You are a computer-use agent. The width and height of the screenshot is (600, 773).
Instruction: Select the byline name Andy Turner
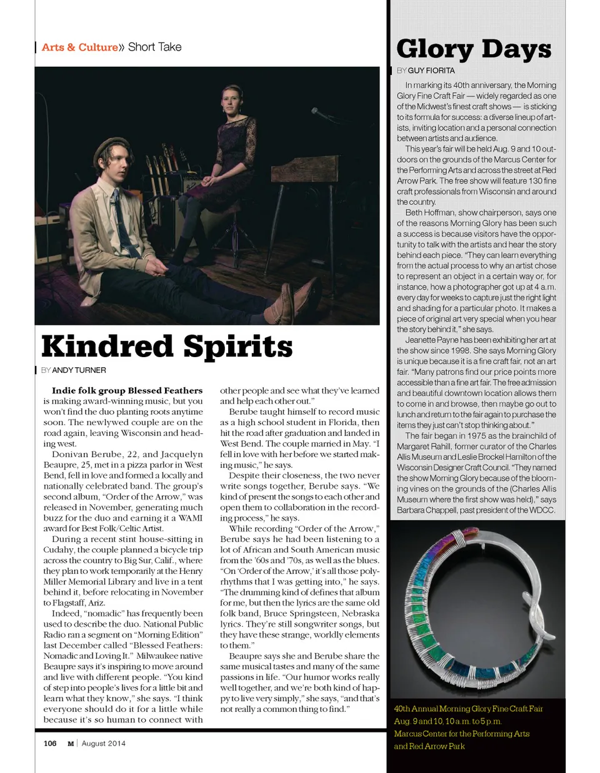pos(79,370)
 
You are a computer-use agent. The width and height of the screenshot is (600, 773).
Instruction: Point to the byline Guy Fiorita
pos(431,71)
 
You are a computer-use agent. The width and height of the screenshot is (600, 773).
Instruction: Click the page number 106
pos(50,743)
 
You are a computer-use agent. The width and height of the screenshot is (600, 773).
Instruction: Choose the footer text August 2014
pos(103,743)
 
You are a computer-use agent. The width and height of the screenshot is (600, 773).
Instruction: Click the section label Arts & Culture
pos(79,47)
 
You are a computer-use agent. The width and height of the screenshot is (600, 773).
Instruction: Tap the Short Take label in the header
pos(154,47)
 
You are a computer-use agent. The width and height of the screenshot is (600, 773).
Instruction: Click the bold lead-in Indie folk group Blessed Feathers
pos(127,391)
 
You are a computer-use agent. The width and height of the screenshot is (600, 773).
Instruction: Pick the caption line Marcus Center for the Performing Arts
pos(461,734)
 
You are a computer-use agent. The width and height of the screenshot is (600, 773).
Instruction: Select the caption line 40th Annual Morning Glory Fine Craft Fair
pos(468,709)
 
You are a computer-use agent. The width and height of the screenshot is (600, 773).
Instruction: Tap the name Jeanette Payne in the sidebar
pos(432,340)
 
